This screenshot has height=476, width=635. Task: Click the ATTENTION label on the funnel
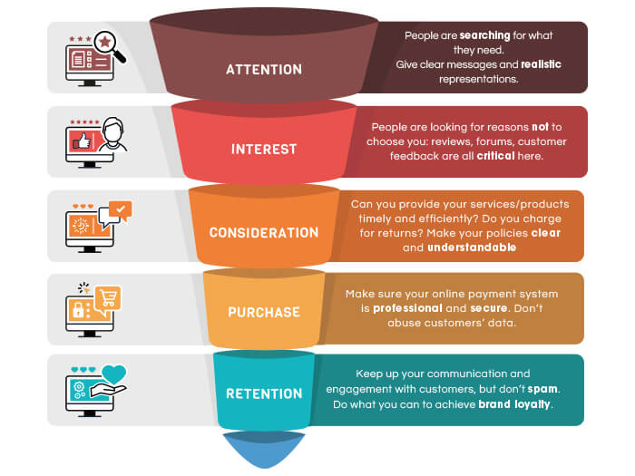[x=264, y=70]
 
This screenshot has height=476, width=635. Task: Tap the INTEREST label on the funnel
[x=264, y=150]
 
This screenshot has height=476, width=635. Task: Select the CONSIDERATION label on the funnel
[x=264, y=233]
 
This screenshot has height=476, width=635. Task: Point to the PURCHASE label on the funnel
[x=264, y=312]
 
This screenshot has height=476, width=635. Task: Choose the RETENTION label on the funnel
[x=264, y=393]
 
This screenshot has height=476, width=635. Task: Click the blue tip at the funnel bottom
[x=264, y=450]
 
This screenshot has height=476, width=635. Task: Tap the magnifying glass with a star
[x=109, y=45]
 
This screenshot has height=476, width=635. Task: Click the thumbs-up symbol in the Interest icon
[x=83, y=141]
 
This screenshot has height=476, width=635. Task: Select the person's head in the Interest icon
[x=112, y=129]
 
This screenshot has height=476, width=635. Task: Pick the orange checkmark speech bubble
[x=121, y=210]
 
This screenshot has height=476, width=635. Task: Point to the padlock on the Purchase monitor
[x=78, y=310]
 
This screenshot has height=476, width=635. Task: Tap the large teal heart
[x=113, y=374]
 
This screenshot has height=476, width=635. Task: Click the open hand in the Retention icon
[x=108, y=391]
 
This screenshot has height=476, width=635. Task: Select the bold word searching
[x=484, y=35]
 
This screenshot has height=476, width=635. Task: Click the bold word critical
[x=495, y=156]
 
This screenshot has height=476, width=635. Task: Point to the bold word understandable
[x=472, y=248]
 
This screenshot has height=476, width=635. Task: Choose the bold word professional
[x=407, y=308]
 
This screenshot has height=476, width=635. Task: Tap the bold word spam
[x=542, y=389]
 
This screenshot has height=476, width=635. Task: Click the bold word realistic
[x=541, y=64]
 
